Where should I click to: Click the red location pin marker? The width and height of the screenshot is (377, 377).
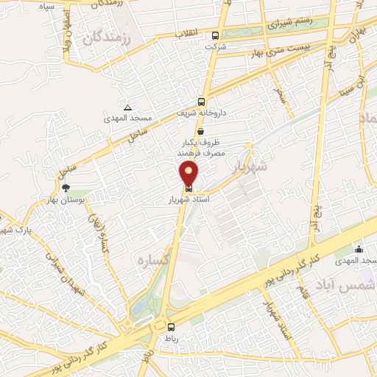tap(189, 174)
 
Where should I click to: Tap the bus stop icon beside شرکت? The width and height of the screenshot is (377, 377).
tap(215, 35)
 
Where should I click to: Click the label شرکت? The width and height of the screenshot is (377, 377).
tap(216, 46)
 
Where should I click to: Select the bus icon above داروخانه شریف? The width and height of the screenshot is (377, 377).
tap(201, 102)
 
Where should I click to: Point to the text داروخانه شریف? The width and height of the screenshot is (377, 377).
tap(201, 113)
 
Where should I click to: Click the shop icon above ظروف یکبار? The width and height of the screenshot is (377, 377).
tap(200, 132)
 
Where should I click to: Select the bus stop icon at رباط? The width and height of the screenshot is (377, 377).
tap(171, 327)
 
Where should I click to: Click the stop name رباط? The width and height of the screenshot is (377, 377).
tap(170, 338)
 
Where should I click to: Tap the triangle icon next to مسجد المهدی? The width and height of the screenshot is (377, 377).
tap(128, 108)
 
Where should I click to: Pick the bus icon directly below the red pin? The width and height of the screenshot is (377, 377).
tap(189, 187)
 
